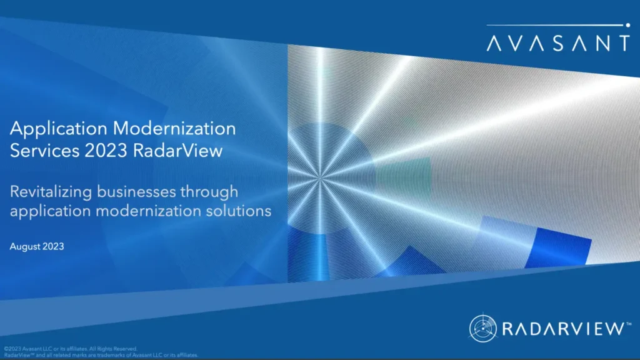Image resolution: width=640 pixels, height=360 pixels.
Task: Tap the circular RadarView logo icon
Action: pyautogui.click(x=482, y=328)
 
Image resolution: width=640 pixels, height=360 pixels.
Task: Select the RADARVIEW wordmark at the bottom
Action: pyautogui.click(x=560, y=328)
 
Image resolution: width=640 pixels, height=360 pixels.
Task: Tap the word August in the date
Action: pyautogui.click(x=26, y=247)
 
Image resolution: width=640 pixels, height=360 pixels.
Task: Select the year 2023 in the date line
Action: pyautogui.click(x=54, y=247)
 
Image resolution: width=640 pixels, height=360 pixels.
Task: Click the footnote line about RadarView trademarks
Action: pyautogui.click(x=101, y=355)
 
